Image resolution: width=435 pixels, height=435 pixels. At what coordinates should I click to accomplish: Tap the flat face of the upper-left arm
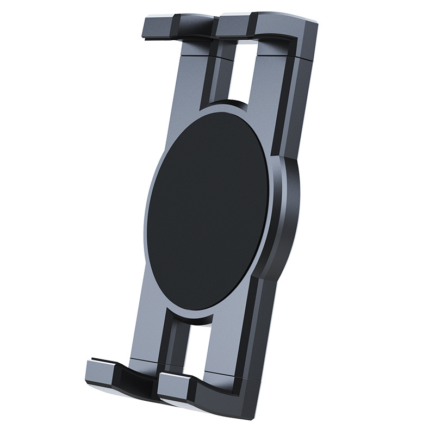tap(188, 82)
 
